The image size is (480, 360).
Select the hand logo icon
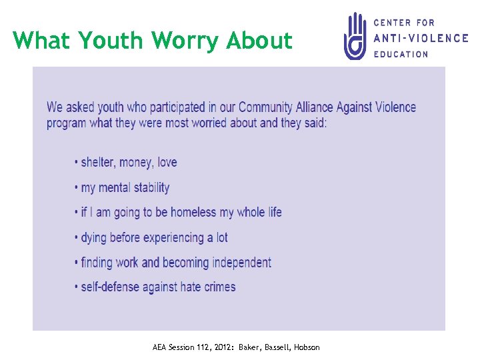click(355, 36)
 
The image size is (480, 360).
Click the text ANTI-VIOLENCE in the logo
click(421, 38)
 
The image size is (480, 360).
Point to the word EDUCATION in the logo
click(401, 54)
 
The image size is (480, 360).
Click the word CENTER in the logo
click(391, 23)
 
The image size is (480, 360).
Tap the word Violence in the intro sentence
click(386, 107)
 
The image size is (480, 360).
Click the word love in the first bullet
click(167, 162)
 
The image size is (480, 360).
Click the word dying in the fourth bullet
click(94, 237)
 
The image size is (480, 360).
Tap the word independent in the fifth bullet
click(241, 262)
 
